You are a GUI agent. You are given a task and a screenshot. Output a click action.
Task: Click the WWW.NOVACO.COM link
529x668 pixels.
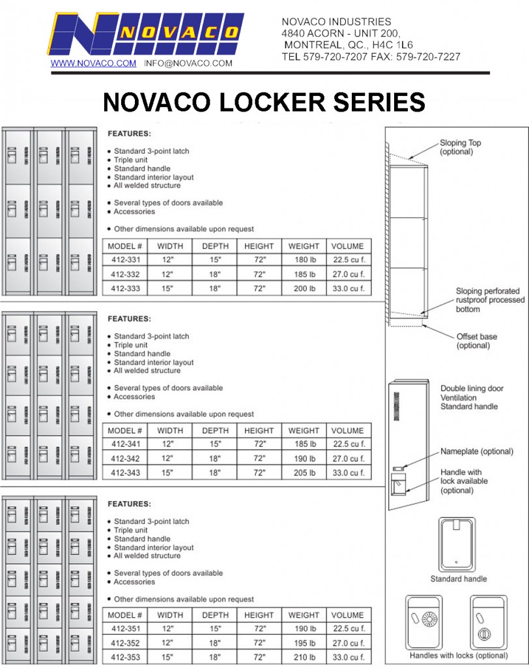[93, 63]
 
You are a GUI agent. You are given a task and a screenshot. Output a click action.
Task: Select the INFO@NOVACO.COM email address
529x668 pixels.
[188, 63]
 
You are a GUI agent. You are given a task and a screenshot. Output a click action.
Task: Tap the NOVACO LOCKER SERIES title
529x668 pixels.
[264, 102]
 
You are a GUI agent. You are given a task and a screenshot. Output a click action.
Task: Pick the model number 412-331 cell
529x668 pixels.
[124, 260]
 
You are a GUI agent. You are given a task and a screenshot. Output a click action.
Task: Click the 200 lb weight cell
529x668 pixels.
[304, 288]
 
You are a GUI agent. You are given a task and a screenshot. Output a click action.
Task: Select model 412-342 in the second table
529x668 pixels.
[124, 459]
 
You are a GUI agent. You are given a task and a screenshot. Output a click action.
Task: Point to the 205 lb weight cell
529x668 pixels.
[304, 473]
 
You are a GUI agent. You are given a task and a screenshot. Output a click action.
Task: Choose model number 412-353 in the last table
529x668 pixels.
[124, 657]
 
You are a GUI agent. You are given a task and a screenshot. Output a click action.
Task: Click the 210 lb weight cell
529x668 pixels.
[304, 657]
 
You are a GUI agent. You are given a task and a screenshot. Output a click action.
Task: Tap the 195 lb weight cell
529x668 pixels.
[304, 643]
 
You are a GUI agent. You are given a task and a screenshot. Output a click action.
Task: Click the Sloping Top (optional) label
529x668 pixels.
[461, 147]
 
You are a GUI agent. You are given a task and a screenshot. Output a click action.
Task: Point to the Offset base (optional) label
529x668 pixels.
[476, 341]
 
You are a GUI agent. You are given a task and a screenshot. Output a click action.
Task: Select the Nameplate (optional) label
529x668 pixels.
[477, 451]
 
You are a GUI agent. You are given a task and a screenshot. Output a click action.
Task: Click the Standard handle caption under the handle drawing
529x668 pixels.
[458, 579]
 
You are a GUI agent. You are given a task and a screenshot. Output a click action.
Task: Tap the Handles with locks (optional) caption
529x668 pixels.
[458, 656]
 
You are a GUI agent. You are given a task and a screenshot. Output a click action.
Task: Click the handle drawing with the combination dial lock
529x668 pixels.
[423, 622]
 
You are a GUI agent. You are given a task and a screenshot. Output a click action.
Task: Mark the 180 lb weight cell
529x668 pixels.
[304, 260]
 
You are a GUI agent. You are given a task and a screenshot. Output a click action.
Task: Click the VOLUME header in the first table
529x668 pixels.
[347, 246]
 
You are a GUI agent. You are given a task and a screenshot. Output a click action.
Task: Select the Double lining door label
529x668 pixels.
[472, 389]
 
